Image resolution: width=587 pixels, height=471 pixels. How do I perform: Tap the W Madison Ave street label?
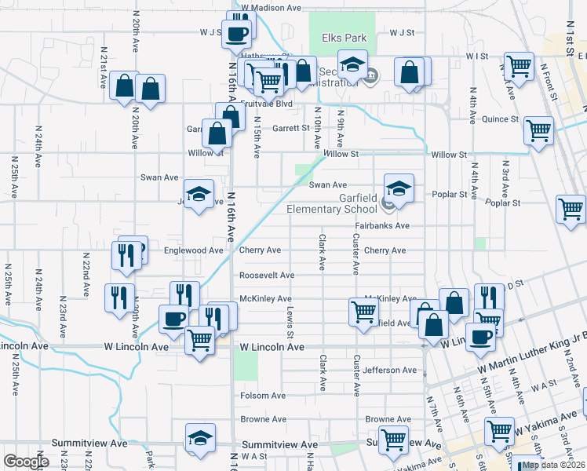pos(272,7)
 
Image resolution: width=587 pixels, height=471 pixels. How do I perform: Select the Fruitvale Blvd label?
pos(266,104)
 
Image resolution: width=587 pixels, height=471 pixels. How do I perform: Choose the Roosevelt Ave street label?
pos(267,276)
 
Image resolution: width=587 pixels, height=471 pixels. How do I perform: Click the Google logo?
pos(26,462)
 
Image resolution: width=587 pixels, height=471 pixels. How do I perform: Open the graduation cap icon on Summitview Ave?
pos(200,437)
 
